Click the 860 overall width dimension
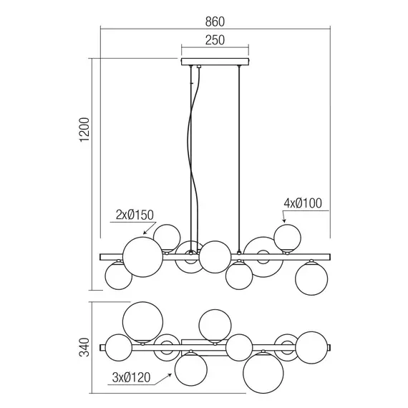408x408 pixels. point(215,22)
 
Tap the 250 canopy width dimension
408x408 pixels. point(215,40)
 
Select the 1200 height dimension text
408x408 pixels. point(85,130)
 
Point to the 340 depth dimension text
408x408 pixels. point(85,347)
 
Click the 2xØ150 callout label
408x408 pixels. point(135,215)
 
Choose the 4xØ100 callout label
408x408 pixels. point(303,203)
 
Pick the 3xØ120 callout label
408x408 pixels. point(132,377)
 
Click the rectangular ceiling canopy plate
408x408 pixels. point(215,62)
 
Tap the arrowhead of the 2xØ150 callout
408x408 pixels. point(145,233)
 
